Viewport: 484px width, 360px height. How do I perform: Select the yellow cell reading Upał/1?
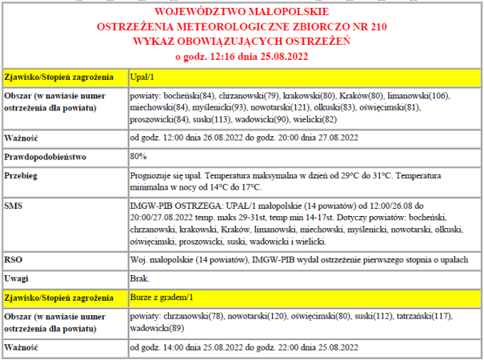[142, 78]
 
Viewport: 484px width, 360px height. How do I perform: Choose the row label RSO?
[14, 259]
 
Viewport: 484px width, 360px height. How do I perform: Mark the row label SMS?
[14, 206]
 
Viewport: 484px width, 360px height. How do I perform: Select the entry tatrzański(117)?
[432, 316]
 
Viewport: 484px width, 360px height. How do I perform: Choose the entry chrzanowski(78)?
[194, 316]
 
